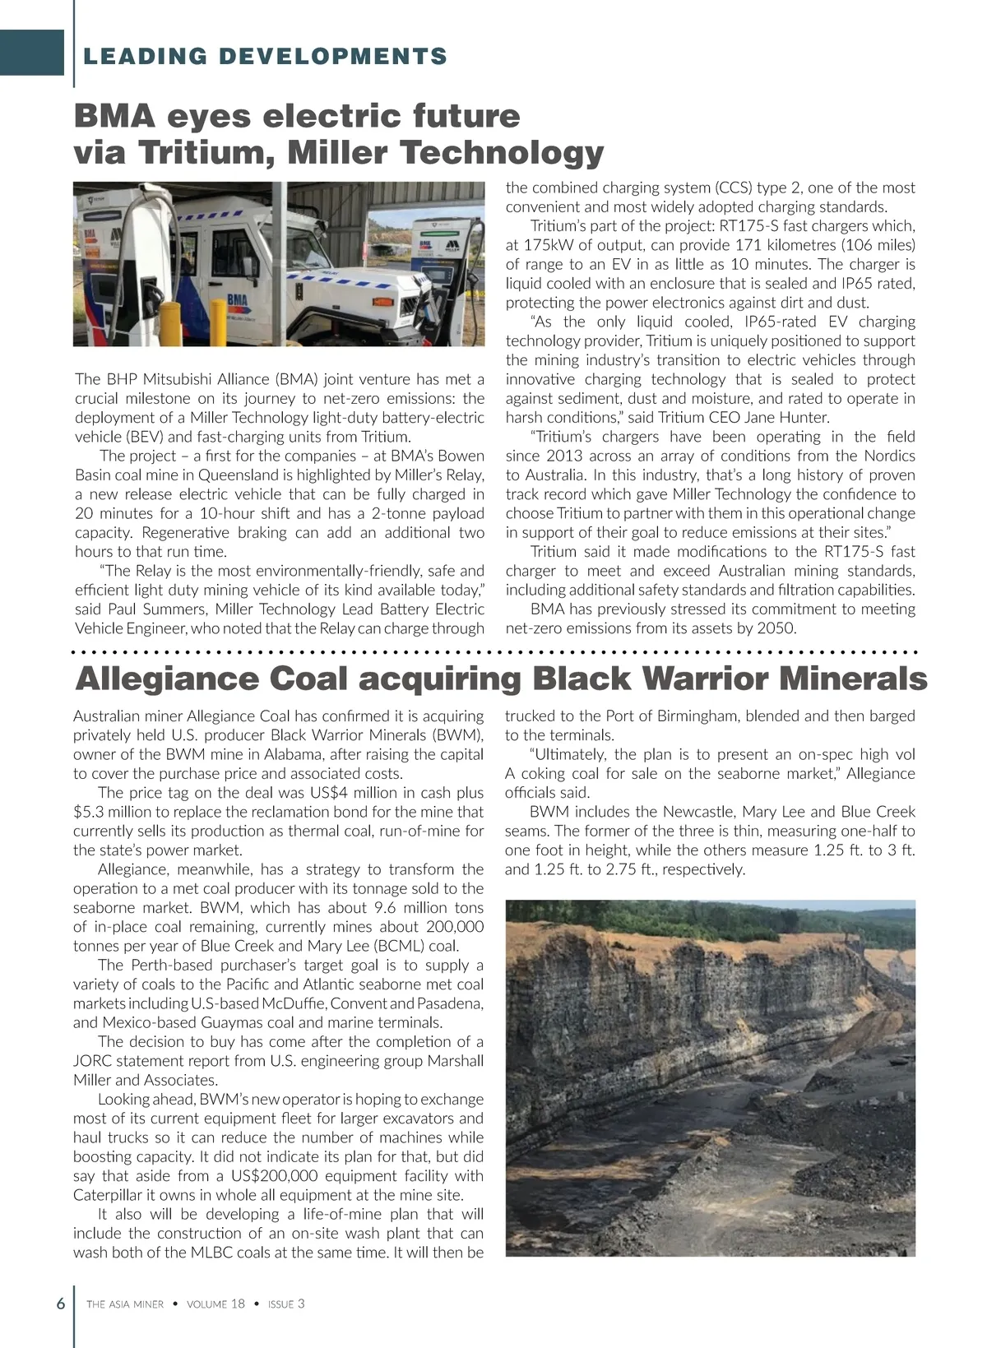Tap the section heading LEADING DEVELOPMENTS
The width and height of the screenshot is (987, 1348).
(266, 57)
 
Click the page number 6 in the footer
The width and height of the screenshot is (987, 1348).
(61, 1304)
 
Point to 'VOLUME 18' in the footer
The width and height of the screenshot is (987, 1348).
(215, 1304)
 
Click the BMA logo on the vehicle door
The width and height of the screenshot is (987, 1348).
(237, 302)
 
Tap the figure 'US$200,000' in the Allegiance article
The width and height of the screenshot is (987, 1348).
(274, 1176)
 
